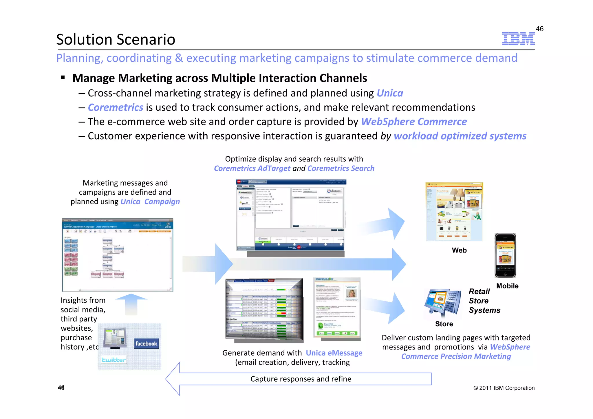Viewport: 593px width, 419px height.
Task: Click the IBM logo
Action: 518,39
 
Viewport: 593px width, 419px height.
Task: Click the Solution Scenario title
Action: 116,39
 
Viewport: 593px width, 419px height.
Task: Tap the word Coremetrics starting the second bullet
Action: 115,107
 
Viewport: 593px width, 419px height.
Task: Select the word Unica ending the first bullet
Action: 390,93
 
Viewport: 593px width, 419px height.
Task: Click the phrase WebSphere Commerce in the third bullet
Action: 414,122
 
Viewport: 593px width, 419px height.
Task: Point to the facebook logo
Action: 146,344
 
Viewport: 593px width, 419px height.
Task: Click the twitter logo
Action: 114,360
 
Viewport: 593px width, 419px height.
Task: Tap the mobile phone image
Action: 505,255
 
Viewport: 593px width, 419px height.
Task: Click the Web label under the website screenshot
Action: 459,250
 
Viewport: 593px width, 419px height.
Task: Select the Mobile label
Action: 507,286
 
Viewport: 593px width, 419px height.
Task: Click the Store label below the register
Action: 444,324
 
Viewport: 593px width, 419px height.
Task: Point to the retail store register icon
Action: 443,303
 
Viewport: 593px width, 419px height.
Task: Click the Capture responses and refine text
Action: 301,379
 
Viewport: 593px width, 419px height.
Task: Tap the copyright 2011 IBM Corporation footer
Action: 504,388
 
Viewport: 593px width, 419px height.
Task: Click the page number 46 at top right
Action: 539,29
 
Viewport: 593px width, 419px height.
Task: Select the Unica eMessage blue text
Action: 334,353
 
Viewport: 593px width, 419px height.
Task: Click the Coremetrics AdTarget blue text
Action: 252,168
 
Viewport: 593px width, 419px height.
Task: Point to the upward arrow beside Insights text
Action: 131,304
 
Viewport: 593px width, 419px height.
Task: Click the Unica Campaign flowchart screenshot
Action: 117,255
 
